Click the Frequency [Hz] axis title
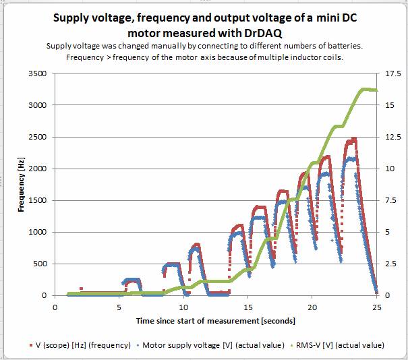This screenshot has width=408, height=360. point(22,184)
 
